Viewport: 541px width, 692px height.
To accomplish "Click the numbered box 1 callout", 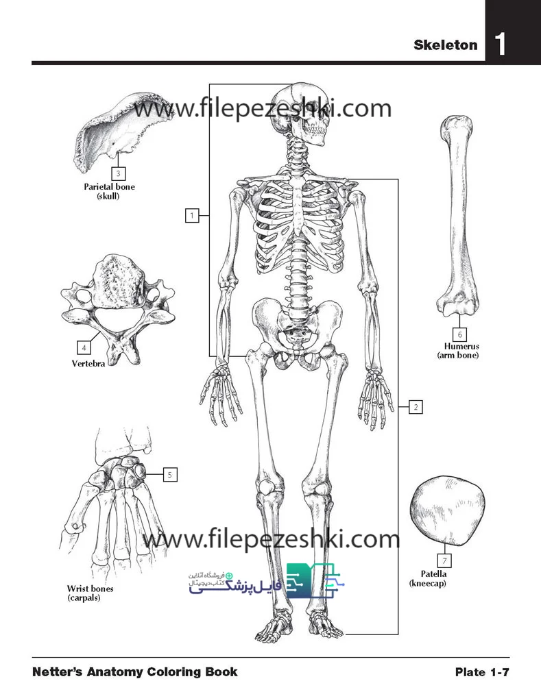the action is [x=192, y=216].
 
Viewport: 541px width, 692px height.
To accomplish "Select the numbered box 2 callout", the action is [x=416, y=407].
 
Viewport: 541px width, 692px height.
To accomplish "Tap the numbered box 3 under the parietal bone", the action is [x=118, y=173].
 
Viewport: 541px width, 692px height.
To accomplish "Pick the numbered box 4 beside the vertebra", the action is [x=84, y=348].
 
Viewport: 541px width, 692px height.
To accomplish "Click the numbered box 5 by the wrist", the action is [x=170, y=475].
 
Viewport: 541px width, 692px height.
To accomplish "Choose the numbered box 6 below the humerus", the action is [x=459, y=334].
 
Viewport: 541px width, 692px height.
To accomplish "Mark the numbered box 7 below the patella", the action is [x=444, y=560].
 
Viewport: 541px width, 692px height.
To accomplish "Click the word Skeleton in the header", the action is [x=445, y=45].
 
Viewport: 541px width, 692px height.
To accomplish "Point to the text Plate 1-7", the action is [x=482, y=672].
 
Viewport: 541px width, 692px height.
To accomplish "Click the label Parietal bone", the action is [x=109, y=186].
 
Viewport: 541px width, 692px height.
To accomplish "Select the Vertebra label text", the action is [x=88, y=364].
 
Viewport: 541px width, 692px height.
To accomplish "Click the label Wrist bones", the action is [x=90, y=589].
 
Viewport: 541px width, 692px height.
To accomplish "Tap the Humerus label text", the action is [x=461, y=347].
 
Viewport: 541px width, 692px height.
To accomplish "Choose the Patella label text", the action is [x=433, y=574].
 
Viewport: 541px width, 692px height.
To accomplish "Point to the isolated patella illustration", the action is [x=447, y=512].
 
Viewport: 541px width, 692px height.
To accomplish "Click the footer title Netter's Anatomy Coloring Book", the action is [x=134, y=672].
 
